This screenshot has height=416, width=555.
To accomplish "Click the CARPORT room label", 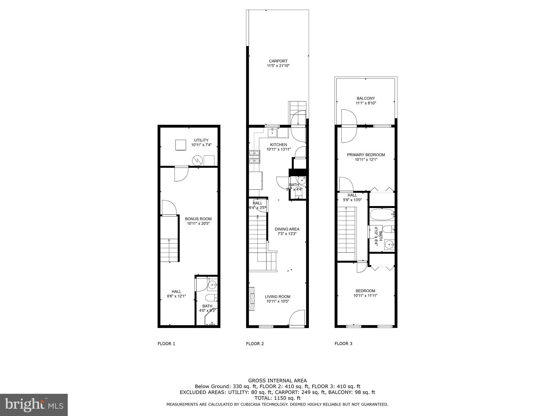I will (x=278, y=61).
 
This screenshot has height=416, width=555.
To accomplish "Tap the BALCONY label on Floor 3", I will (x=366, y=98).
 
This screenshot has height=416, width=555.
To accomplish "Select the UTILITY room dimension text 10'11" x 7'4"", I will (x=201, y=145).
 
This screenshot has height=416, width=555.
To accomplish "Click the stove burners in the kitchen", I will (x=254, y=157).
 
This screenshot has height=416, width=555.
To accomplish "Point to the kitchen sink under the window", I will (x=272, y=133).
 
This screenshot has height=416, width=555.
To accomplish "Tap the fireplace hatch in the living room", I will (x=252, y=299).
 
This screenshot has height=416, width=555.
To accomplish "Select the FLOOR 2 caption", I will (x=255, y=344).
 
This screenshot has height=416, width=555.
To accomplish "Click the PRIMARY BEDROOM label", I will (x=366, y=155).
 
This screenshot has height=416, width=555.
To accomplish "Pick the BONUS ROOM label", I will (x=198, y=219).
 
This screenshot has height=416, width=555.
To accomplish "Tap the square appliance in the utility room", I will (x=180, y=145).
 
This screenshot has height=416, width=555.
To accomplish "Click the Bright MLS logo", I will (x=34, y=405).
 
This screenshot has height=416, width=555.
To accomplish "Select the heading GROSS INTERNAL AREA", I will (x=277, y=381).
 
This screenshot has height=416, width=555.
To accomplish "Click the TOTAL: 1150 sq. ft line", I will (x=277, y=398).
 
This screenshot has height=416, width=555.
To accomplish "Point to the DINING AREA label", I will (x=287, y=229).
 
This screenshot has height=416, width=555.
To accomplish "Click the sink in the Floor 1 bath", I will (x=212, y=285).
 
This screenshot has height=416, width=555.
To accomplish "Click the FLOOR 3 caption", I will (x=343, y=344).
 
